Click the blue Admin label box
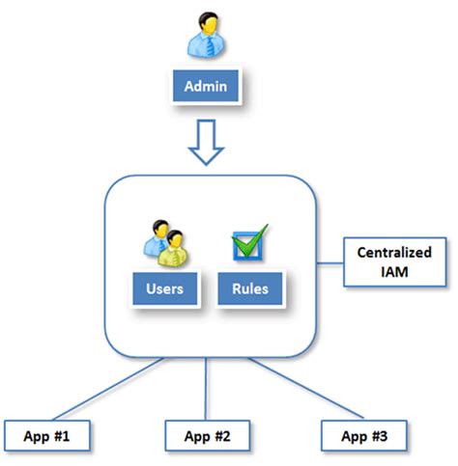tap(206, 86)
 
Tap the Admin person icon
tap(206, 35)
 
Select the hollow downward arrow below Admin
tap(206, 143)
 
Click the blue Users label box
tap(165, 288)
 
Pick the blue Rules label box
tap(250, 288)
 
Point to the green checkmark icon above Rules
tap(250, 242)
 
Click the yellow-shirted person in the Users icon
tap(173, 249)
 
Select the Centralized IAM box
tap(395, 261)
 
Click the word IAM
tap(394, 272)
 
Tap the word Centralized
tap(394, 253)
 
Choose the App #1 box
tap(47, 435)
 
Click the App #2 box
tap(208, 435)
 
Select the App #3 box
tap(364, 435)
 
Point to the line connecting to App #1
tap(108, 389)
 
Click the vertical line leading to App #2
tap(206, 389)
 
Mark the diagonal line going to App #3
tap(305, 388)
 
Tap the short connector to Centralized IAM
tap(330, 263)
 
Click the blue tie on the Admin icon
tap(210, 45)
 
